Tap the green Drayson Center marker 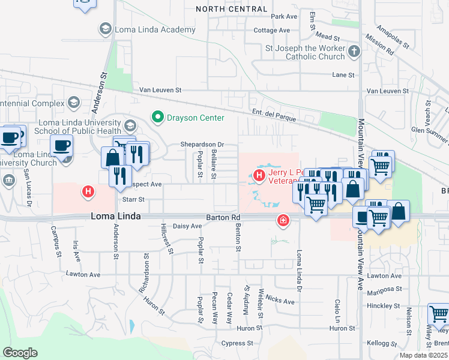158,117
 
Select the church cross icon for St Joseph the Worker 354,52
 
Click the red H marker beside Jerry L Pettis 259,175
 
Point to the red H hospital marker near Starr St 88,192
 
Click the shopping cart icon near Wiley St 438,314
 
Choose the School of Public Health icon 131,125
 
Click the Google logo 20,353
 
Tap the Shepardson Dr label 202,145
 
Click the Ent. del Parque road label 274,116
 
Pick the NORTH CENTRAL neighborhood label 232,9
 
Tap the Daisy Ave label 187,226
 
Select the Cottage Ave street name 271,30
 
